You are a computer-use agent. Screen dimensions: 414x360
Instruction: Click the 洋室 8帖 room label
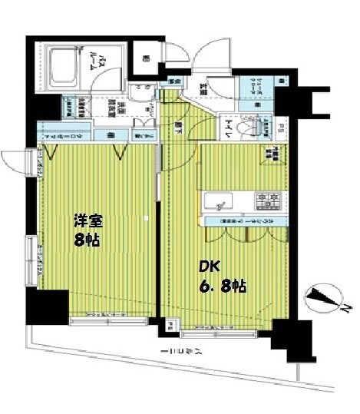point(86,229)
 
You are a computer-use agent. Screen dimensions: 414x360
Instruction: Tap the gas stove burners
point(269,202)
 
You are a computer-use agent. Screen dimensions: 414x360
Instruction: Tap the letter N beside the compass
point(347,310)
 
